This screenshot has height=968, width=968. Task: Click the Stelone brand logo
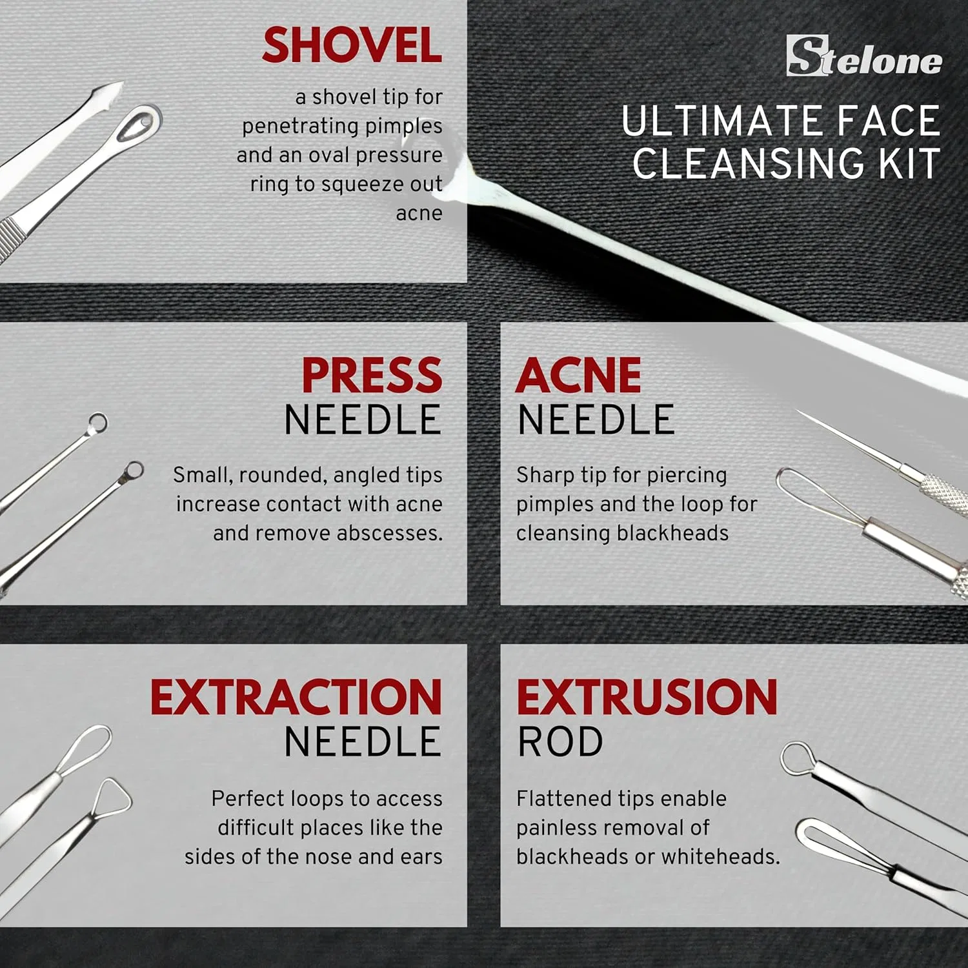[x=864, y=56]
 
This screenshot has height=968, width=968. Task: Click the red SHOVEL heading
[x=352, y=45]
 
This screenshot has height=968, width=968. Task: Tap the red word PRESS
[x=372, y=375]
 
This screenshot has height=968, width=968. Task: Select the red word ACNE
[x=578, y=375]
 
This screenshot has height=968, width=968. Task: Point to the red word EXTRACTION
[x=296, y=698]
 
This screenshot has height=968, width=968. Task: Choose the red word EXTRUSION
[x=647, y=698]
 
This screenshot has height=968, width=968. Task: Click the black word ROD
[x=560, y=742]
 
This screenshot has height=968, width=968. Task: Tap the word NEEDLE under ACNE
[x=596, y=420]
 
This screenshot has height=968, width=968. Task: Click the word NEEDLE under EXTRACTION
[x=363, y=742]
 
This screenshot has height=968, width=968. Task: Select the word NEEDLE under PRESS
[x=363, y=420]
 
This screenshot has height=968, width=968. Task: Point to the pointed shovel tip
[x=123, y=83]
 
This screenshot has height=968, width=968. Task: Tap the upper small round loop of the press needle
[x=97, y=423]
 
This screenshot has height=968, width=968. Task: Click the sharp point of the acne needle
[x=798, y=411]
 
